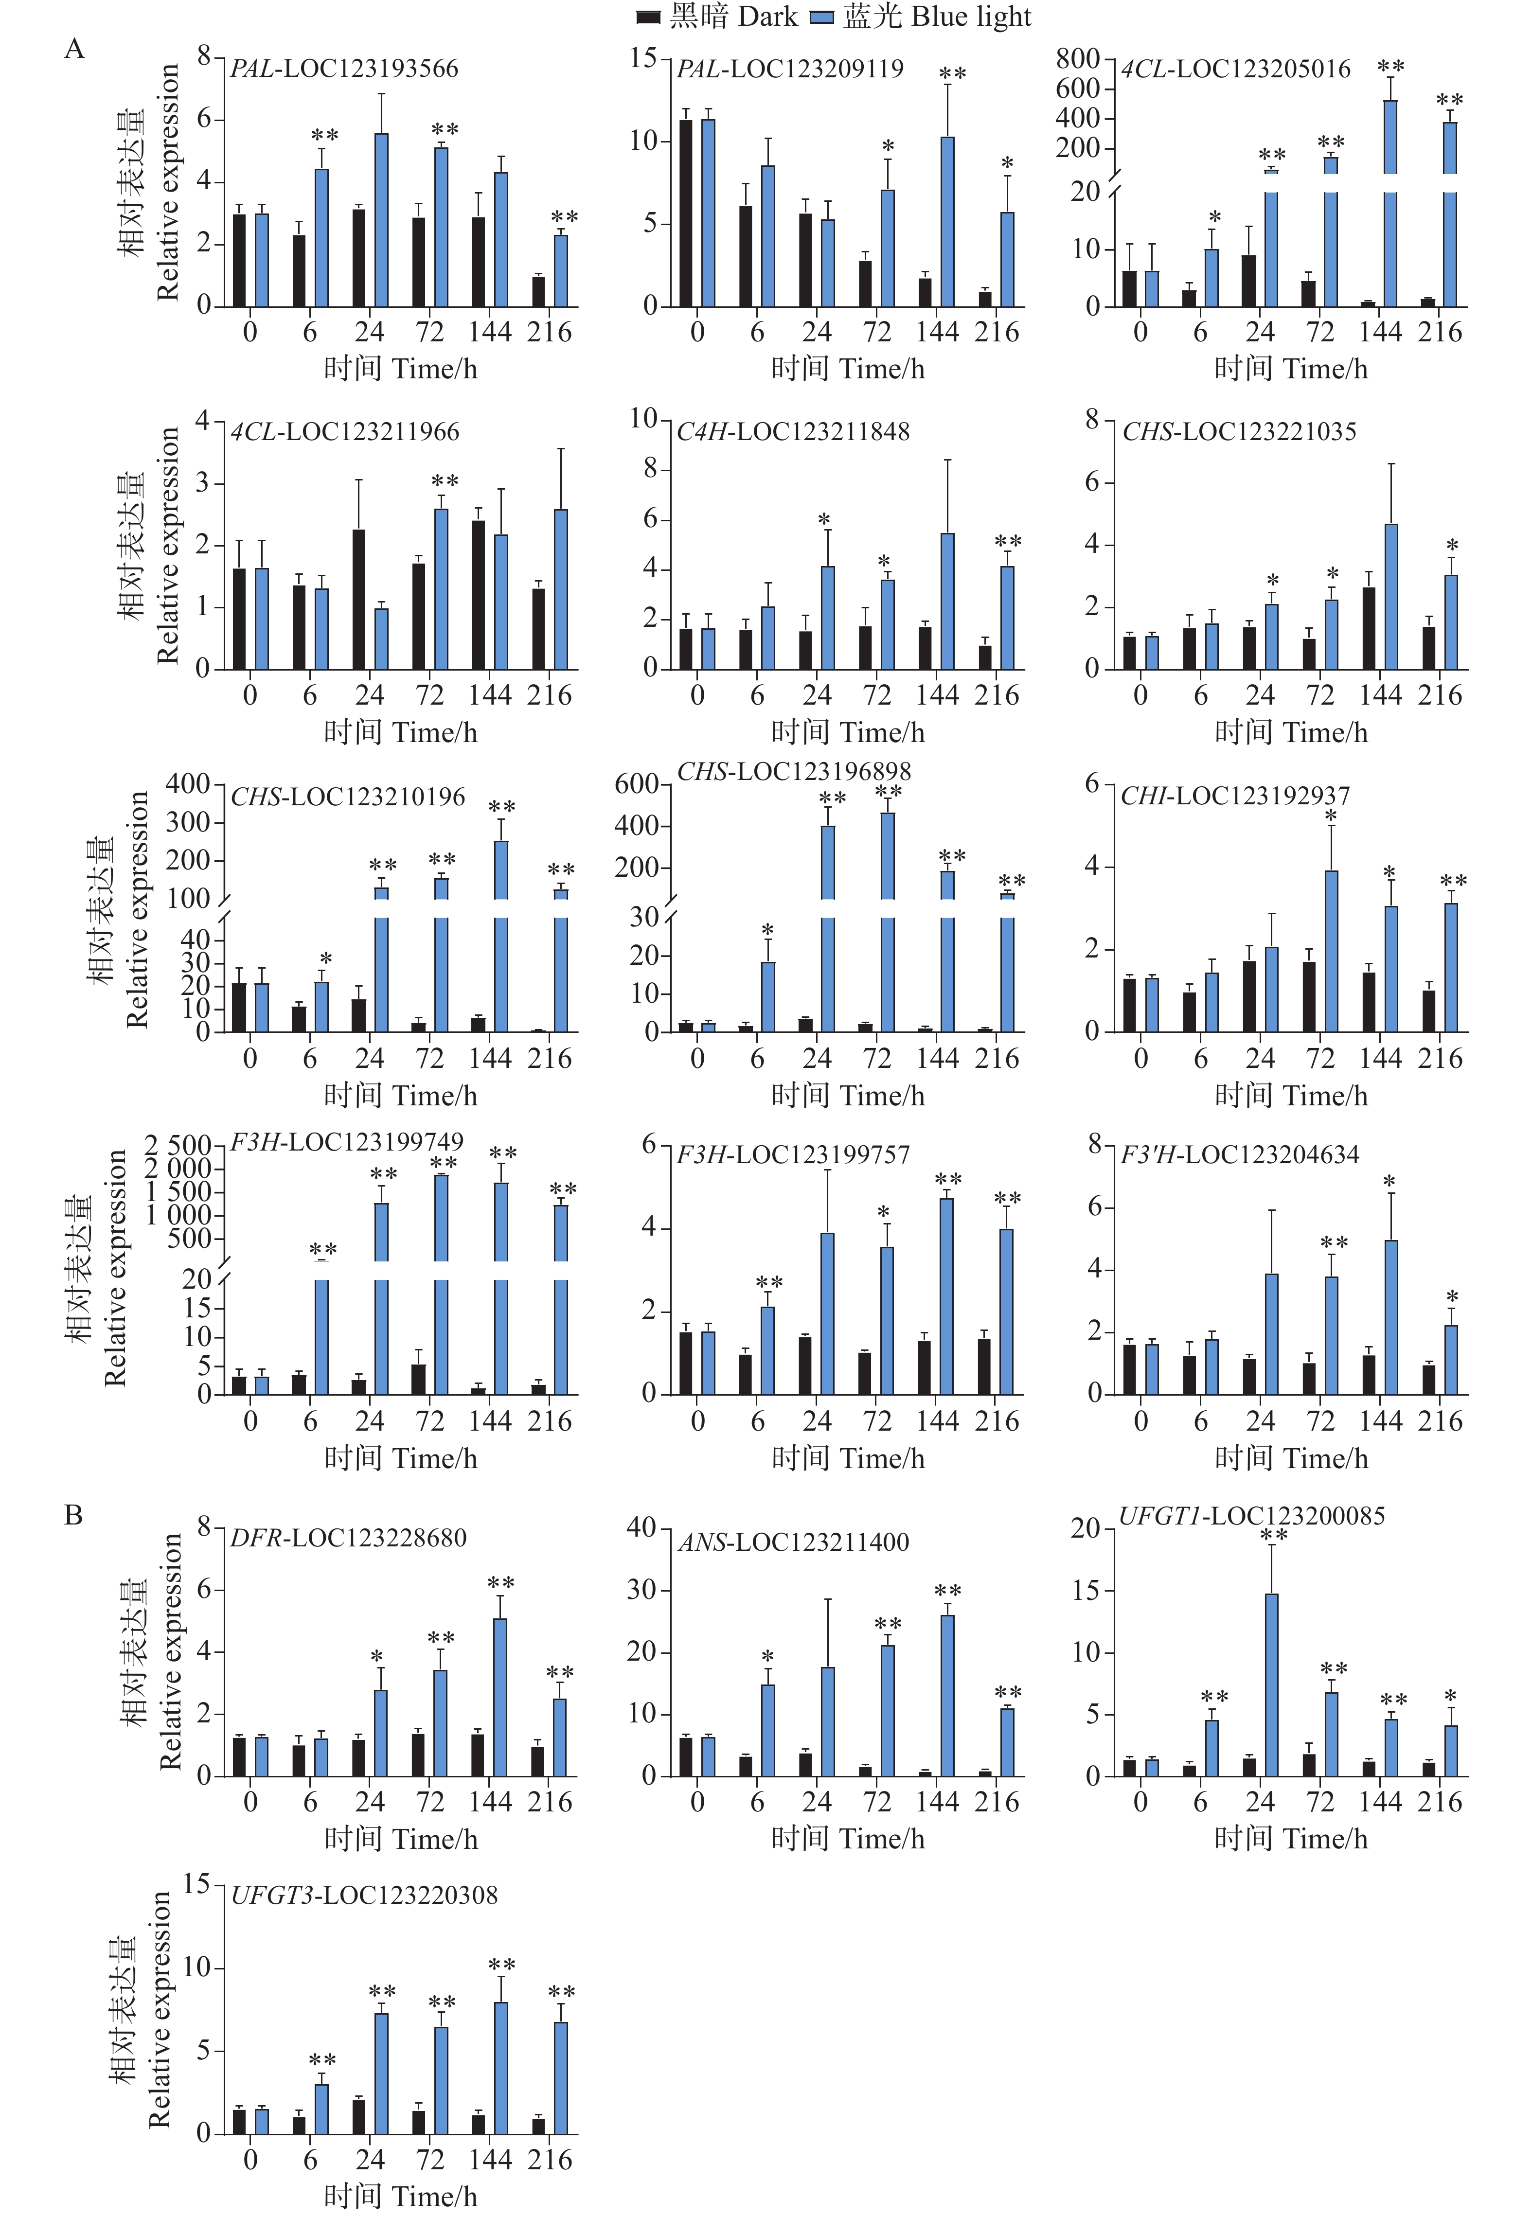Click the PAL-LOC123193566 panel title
click(x=344, y=68)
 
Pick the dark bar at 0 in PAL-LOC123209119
click(x=686, y=213)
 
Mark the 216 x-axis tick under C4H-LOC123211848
click(x=997, y=695)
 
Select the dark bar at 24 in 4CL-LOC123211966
click(x=358, y=599)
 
